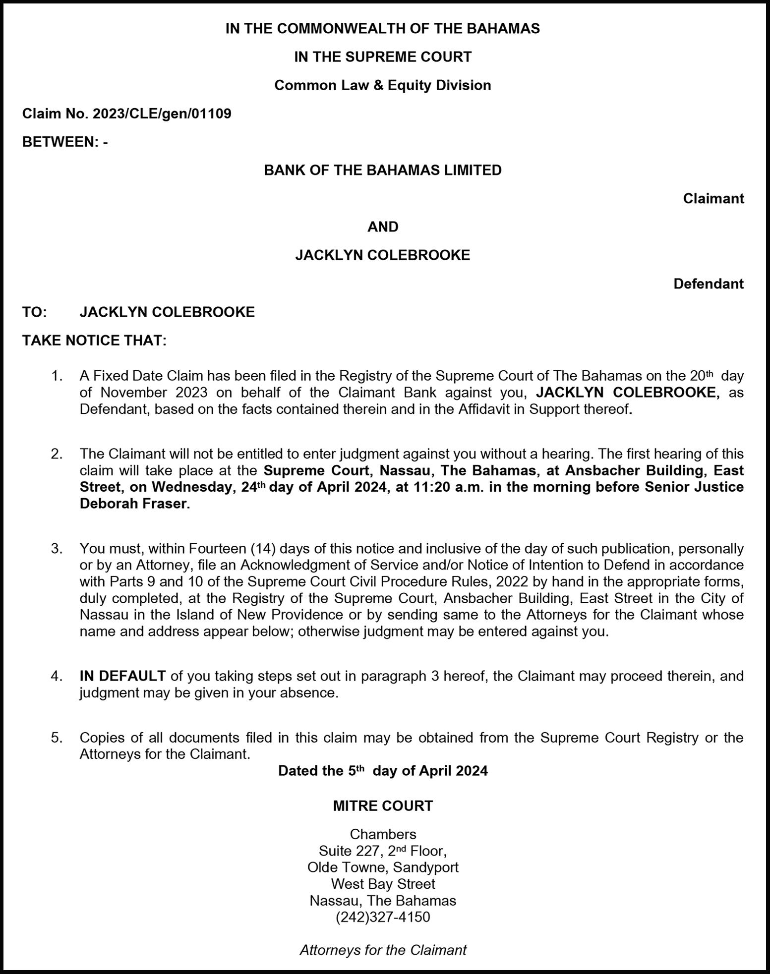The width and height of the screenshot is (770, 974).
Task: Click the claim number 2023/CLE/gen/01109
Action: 161,114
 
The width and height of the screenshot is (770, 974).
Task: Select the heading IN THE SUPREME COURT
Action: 382,57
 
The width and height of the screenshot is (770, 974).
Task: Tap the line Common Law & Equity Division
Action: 382,85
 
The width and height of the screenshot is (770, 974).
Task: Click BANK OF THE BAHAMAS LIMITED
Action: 382,171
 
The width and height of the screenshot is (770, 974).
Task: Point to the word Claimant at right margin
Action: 713,199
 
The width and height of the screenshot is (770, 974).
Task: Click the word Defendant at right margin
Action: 708,284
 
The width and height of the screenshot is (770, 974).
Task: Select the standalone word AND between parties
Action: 382,227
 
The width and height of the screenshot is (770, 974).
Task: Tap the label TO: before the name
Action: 34,312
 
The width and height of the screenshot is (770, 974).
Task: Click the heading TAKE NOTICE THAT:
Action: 94,341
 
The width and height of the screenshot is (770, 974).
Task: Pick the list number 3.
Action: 56,549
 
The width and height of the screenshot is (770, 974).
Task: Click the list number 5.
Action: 56,738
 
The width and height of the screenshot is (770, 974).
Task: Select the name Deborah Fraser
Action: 134,504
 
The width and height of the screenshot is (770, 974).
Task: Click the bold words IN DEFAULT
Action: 122,676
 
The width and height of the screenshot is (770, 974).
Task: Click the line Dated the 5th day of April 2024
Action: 382,771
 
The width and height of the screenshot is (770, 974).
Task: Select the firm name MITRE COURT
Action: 382,806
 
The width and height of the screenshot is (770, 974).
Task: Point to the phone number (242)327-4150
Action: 382,917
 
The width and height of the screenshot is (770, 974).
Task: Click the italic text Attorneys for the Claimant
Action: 382,950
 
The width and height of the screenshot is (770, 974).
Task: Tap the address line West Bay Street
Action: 382,884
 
